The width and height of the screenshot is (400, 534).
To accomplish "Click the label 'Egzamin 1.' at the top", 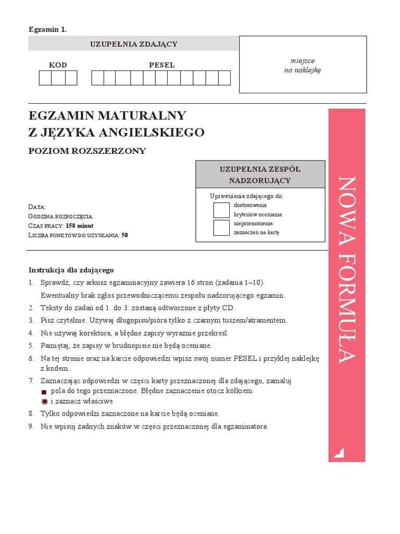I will click(x=48, y=30).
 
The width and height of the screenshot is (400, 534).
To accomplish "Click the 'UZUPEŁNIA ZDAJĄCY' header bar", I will click(x=134, y=44).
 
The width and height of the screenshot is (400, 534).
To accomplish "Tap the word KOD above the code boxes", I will click(x=58, y=65).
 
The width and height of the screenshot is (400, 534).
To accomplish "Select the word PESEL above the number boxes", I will click(x=161, y=65).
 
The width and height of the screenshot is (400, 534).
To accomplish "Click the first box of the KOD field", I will click(x=45, y=78).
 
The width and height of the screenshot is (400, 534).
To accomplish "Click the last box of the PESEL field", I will click(x=224, y=78).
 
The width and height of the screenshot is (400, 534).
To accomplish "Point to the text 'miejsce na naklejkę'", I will click(x=303, y=66).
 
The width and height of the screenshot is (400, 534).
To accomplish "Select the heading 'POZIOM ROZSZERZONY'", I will click(x=87, y=151).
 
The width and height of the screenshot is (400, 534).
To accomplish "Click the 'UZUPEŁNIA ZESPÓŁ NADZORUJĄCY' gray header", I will click(x=260, y=175).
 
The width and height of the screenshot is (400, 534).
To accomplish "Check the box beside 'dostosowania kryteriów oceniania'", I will click(x=221, y=210).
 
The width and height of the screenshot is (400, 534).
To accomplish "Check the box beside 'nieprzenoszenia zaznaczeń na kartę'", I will click(x=221, y=228).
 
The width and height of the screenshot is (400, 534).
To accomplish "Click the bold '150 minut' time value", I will click(x=80, y=226).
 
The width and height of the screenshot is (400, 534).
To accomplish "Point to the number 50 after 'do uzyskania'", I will click(x=124, y=235).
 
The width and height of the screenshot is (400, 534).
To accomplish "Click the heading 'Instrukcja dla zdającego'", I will click(x=71, y=270).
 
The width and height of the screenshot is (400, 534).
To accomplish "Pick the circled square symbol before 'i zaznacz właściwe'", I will click(x=44, y=402).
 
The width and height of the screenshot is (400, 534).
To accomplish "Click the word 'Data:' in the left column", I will click(x=37, y=207).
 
